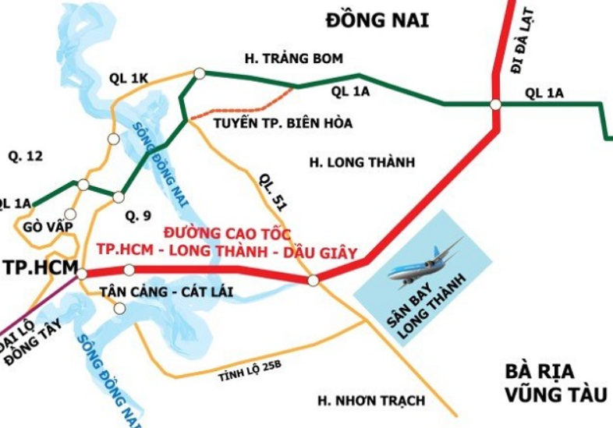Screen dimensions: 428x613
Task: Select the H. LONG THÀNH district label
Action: (362, 163)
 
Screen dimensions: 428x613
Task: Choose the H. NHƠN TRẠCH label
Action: (370, 401)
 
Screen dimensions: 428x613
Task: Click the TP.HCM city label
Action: (38, 267)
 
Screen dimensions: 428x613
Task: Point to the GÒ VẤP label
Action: (42, 226)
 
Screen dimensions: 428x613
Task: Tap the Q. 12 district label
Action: (25, 156)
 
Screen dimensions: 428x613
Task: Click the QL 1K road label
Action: (129, 78)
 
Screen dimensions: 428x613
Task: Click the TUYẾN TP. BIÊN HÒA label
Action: (282, 123)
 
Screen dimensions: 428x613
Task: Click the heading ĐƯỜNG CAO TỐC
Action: (227, 233)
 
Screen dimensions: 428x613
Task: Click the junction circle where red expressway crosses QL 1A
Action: (496, 104)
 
